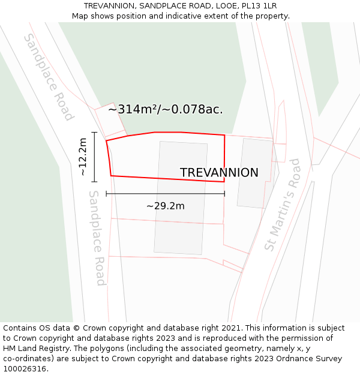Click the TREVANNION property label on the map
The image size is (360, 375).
click(x=219, y=173)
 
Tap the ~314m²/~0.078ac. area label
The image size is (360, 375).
click(x=166, y=109)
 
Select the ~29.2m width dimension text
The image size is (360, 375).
click(x=166, y=206)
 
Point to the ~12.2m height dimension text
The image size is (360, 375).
click(x=83, y=157)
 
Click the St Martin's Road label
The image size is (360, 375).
click(x=282, y=205)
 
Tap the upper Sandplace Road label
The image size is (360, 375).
click(x=49, y=76)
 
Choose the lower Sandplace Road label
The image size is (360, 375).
click(x=97, y=238)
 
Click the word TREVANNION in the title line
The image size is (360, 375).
click(x=109, y=6)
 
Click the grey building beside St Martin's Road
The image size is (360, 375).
click(x=256, y=173)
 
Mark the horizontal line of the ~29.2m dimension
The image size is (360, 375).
click(x=166, y=194)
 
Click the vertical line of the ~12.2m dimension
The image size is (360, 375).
click(x=94, y=157)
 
